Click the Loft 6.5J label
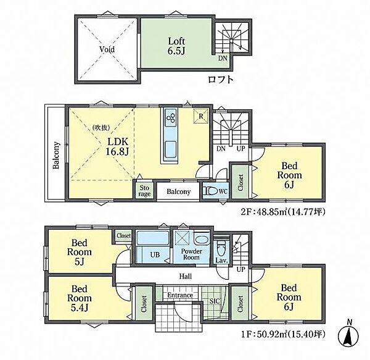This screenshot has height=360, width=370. click(176, 46)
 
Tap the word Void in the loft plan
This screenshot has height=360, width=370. click(107, 49)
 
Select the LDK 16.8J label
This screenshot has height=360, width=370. click(117, 147)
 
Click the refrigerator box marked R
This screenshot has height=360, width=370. click(201, 116)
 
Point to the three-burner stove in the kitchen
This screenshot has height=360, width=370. click(171, 118)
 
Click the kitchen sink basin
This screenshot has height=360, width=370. click(171, 149)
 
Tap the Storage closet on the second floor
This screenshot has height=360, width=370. click(144, 191)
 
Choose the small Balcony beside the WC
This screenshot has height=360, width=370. click(178, 191)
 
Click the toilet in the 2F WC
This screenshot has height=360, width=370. click(211, 191)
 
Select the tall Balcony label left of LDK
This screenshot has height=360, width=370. click(56, 155)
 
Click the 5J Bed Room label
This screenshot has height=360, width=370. click(80, 252)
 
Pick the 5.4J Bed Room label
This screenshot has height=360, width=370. click(80, 298)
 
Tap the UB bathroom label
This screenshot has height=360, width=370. click(155, 254)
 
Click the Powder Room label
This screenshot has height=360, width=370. click(191, 254)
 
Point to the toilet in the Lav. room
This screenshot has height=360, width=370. click(221, 248)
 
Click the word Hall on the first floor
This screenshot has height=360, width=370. click(186, 276)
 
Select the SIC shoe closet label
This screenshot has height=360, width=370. click(215, 301)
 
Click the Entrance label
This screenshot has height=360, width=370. click(180, 295)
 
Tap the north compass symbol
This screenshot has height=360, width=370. click(348, 333)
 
